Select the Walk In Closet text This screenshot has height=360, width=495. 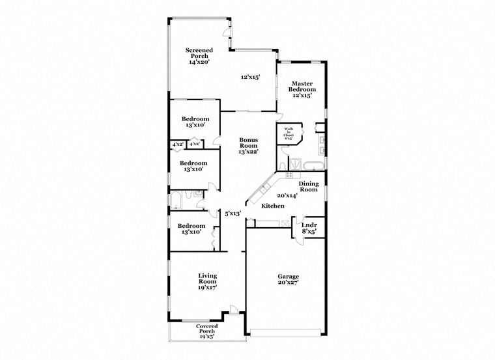coord(289,133)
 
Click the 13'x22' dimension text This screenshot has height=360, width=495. coord(248,152)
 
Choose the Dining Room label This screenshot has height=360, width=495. coord(308,186)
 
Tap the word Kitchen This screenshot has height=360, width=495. coord(273,206)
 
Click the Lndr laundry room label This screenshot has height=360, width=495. coord(309,225)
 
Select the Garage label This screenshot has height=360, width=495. coord(287,276)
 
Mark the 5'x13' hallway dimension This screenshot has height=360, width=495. coord(233,213)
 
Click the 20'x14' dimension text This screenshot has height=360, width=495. coord(287,195)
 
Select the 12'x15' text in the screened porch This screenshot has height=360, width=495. coord(251,77)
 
